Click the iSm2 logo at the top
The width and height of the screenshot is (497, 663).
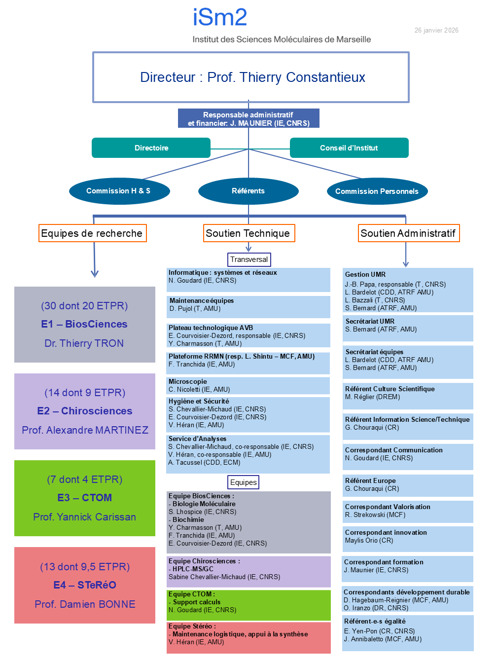[x=220, y=18]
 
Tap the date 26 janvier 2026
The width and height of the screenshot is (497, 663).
[x=436, y=31]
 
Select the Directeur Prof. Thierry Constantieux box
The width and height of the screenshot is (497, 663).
[x=250, y=77]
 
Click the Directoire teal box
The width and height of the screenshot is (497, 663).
[x=151, y=148]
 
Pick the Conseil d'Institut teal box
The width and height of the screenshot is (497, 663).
[x=349, y=148]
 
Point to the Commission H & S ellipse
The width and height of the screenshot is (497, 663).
[x=119, y=191]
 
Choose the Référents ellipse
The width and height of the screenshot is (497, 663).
[x=248, y=191]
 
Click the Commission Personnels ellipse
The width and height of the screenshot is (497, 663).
[x=377, y=191]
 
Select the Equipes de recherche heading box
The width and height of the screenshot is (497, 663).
[x=92, y=233]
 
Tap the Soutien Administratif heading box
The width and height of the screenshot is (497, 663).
[x=408, y=233]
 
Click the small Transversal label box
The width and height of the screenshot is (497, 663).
[x=249, y=259]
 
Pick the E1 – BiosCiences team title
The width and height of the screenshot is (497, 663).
[x=84, y=324]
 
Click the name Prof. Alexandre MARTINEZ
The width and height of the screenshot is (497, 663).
[x=85, y=430]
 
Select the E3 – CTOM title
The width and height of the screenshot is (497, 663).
[x=84, y=498]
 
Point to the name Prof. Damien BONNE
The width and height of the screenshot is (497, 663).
[x=85, y=604]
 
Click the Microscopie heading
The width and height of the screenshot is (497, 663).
[x=188, y=381]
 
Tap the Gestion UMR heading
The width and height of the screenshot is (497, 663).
[x=365, y=274]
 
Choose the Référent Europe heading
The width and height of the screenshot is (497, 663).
[x=370, y=480]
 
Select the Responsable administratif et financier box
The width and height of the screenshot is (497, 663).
[x=248, y=119]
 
